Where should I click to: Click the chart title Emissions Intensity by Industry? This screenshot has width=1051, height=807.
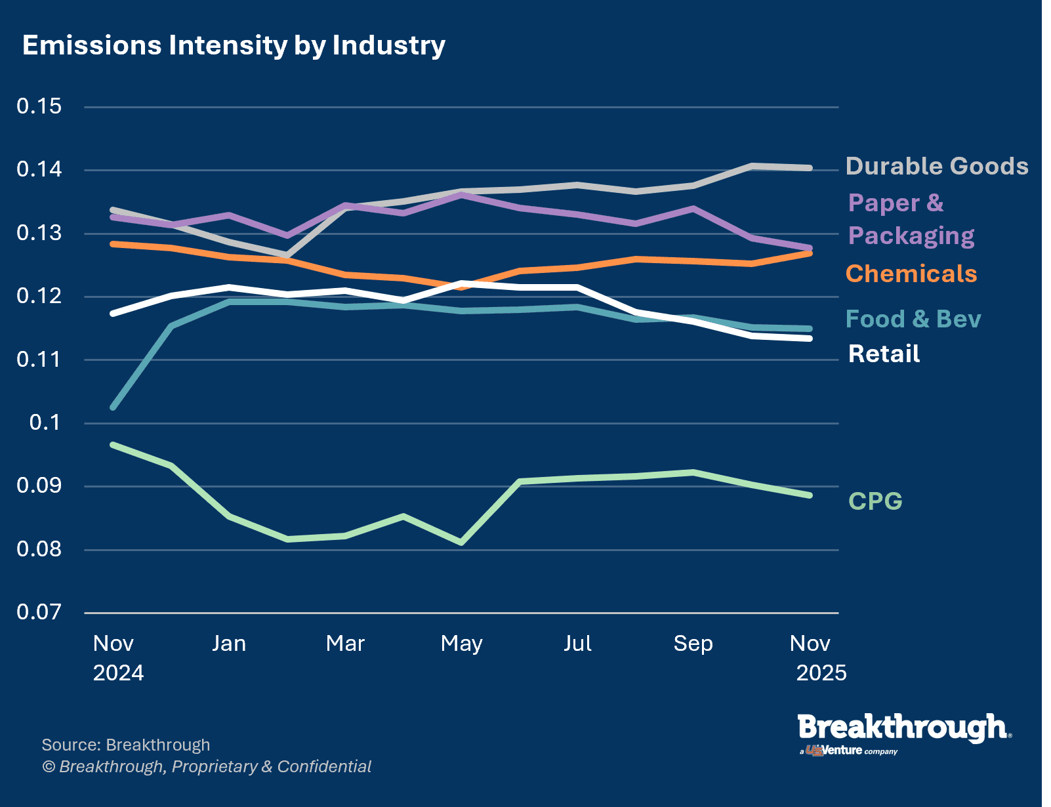[234, 45]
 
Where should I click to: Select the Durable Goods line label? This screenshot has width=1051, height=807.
[936, 166]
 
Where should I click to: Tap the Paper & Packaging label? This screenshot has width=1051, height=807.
[911, 219]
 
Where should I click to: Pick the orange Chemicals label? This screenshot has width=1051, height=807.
[911, 274]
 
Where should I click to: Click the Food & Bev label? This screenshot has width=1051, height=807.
[913, 319]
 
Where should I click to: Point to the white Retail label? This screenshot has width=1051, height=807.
[884, 354]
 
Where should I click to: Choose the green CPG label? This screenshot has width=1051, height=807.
[875, 501]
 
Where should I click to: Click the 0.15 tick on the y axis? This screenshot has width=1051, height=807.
[39, 106]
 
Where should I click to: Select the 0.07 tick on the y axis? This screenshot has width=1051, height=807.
[39, 612]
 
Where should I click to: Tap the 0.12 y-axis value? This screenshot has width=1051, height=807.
[39, 296]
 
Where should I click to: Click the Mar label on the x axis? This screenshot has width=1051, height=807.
[345, 643]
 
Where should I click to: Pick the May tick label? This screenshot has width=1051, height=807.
[461, 644]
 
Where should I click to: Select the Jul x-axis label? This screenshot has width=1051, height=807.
[577, 643]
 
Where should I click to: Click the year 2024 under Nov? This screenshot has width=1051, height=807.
[118, 673]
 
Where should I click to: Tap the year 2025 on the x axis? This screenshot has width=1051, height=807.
[821, 673]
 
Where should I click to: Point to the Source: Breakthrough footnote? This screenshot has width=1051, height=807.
[126, 745]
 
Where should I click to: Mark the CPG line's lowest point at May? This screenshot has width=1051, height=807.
[462, 543]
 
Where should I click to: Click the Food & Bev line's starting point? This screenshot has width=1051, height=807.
[113, 407]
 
